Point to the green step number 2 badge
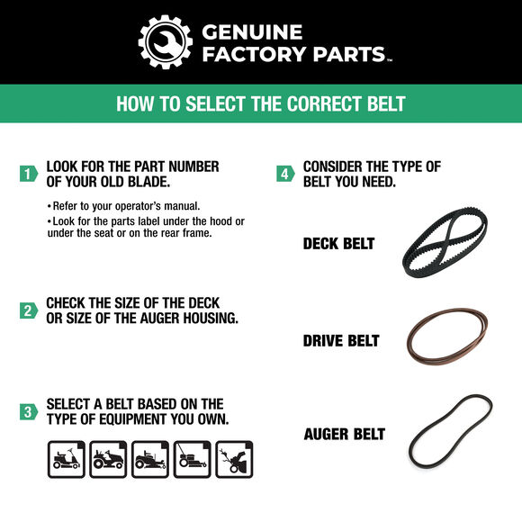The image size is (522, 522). pyautogui.click(x=28, y=310)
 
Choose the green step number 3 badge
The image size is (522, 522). pyautogui.click(x=28, y=411)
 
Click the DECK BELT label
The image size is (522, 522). pyautogui.click(x=338, y=244)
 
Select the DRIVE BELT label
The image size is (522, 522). pyautogui.click(x=341, y=341)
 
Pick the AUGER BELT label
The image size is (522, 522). pyautogui.click(x=344, y=434)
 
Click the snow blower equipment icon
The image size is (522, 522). pyautogui.click(x=235, y=460)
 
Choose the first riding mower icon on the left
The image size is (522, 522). pyautogui.click(x=65, y=460)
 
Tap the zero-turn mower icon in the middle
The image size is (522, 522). pyautogui.click(x=149, y=460)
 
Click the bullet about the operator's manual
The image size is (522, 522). pyautogui.click(x=126, y=205)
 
